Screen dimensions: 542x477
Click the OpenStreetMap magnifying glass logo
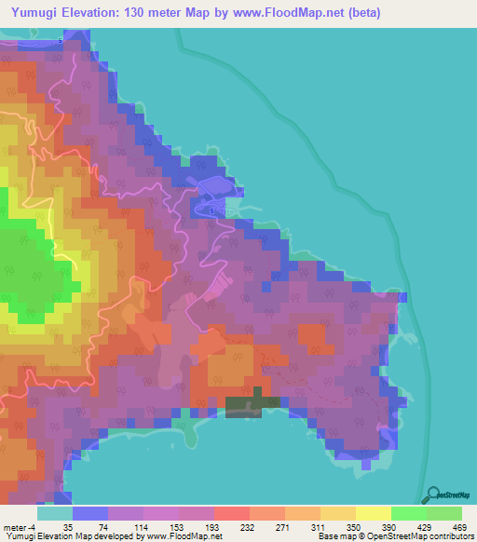(429, 495)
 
